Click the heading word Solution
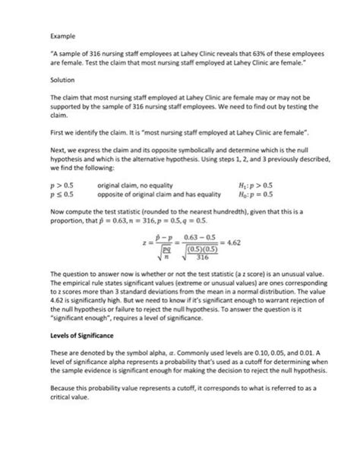[62, 80]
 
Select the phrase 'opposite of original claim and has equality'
[158, 194]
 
